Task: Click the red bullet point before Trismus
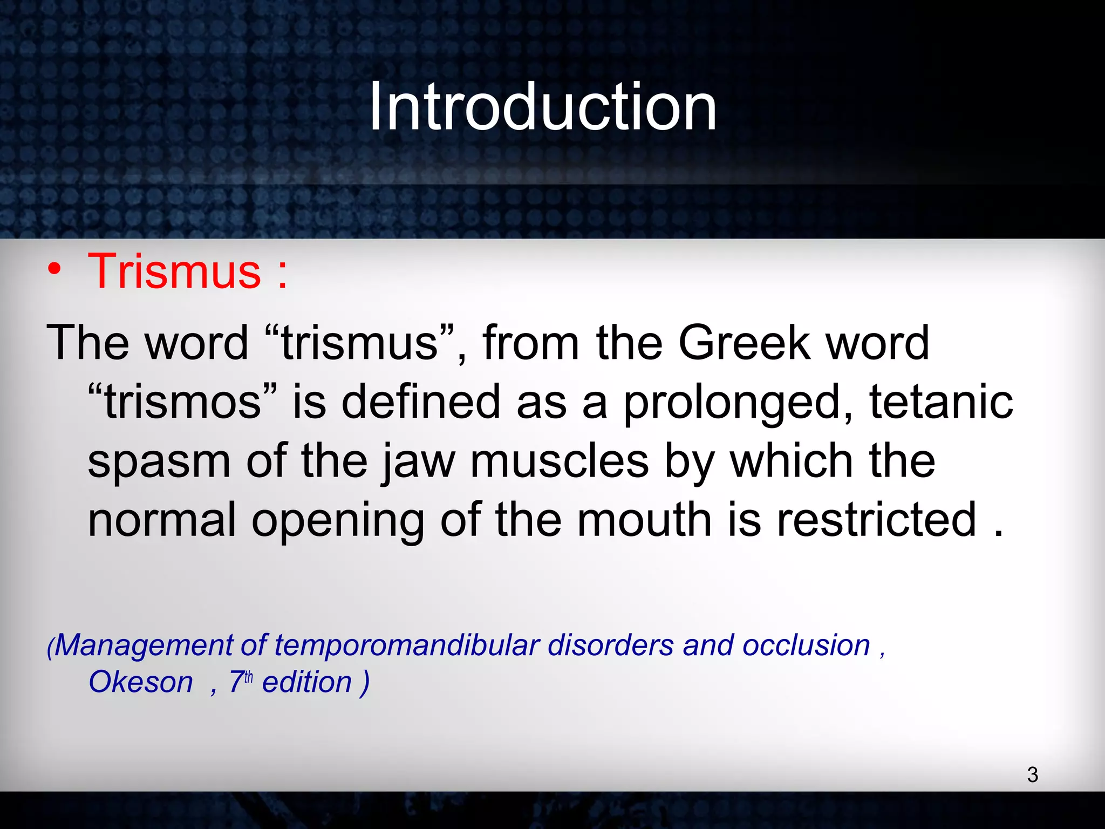pos(54,268)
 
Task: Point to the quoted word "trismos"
pos(182,402)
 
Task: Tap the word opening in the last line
pos(338,521)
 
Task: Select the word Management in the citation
pos(144,645)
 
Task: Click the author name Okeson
pos(141,682)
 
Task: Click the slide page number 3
pos(1032,775)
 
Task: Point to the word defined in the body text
pos(421,402)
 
